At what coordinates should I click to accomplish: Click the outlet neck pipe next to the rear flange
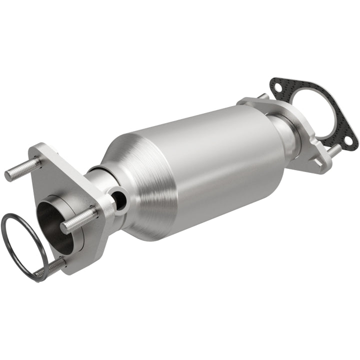click(285, 130)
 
